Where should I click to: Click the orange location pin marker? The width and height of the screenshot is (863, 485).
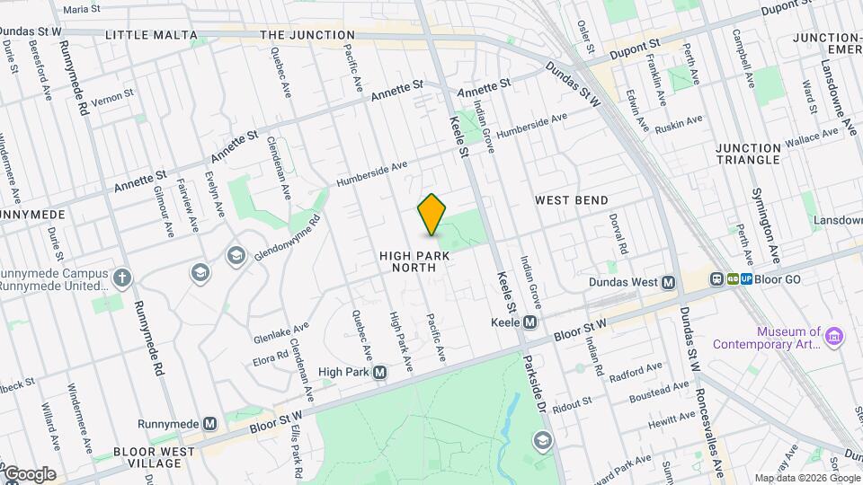432,215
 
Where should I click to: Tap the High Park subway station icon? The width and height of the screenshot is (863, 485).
380,372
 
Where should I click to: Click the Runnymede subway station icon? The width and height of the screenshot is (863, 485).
209,423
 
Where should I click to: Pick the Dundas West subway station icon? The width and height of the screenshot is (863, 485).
668,281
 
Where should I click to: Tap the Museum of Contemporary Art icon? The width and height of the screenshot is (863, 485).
836,337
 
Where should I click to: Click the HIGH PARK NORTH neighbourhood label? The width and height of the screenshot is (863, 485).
414,261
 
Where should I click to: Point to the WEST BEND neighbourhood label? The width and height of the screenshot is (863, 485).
572,199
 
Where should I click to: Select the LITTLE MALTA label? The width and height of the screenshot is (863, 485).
151,35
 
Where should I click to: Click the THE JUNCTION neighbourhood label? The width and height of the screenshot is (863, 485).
307,35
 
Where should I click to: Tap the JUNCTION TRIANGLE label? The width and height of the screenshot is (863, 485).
748,154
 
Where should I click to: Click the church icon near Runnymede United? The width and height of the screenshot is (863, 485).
122,277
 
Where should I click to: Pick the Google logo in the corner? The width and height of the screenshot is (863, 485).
29,473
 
